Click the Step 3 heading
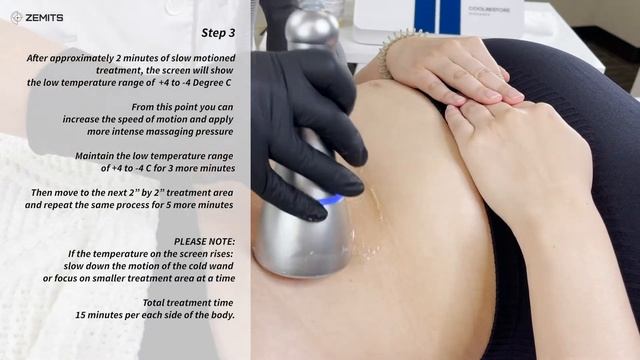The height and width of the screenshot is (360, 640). pyautogui.click(x=217, y=33)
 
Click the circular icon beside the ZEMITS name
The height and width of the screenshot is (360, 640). pyautogui.click(x=17, y=17)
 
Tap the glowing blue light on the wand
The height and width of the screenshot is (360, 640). pyautogui.click(x=330, y=202)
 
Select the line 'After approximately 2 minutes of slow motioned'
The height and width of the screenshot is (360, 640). pyautogui.click(x=131, y=58)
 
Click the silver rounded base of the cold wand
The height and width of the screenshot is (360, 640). pyautogui.click(x=300, y=240)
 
